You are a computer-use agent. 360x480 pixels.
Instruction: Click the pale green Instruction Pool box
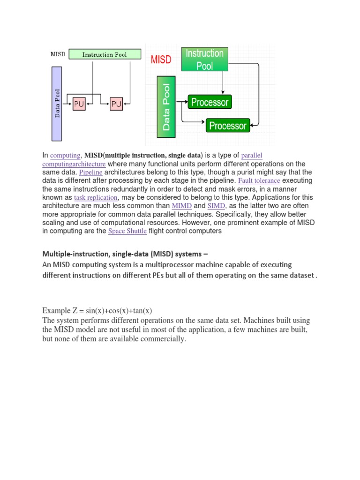[x=105, y=54]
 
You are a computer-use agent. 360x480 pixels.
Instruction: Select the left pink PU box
[x=79, y=104]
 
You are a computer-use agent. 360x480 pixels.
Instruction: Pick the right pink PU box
[x=116, y=104]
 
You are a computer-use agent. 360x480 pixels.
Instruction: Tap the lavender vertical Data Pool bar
[x=57, y=104]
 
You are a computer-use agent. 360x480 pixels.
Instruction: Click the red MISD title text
[x=161, y=60]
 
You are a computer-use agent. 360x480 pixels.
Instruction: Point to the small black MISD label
[x=58, y=54]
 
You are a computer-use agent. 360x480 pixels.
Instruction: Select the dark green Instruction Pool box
[x=204, y=60]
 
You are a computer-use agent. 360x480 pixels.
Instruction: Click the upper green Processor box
[x=210, y=102]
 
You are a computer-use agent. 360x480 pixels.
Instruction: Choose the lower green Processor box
[x=228, y=126]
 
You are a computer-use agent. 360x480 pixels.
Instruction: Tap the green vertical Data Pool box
[x=166, y=107]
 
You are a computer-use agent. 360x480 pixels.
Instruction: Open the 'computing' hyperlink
[x=65, y=156]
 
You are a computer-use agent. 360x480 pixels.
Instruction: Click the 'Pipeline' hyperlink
[x=91, y=172]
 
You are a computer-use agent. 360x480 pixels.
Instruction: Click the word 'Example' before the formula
[x=56, y=311]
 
